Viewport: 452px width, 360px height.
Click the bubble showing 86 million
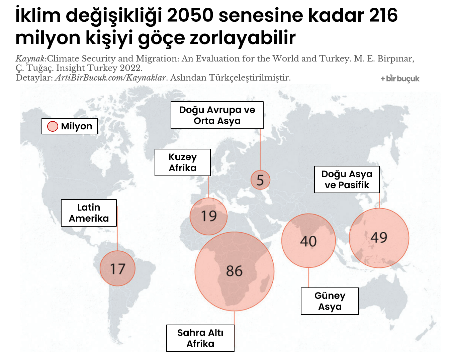(x=234, y=271)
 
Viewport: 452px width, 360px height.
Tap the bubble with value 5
(x=260, y=180)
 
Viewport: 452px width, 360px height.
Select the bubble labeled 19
(x=208, y=216)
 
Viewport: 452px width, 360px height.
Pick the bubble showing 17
(x=117, y=268)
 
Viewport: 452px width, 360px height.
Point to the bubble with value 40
(x=308, y=241)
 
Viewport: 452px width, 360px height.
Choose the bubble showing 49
(x=379, y=238)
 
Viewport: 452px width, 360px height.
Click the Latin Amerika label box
(x=89, y=213)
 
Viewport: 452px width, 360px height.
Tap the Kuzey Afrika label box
(x=183, y=162)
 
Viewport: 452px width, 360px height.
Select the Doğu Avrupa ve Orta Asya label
(x=217, y=115)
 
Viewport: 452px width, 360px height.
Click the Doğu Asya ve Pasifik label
(x=347, y=179)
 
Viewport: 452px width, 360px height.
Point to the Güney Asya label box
(x=330, y=301)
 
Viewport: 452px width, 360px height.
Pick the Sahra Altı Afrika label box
(x=200, y=338)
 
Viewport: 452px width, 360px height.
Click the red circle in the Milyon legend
(x=53, y=126)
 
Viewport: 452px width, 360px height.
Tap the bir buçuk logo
(x=400, y=79)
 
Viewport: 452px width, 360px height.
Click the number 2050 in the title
(x=190, y=15)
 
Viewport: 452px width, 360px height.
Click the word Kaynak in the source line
(x=30, y=59)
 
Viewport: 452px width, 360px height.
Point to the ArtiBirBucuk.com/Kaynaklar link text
(x=110, y=78)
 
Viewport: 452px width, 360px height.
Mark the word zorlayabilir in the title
(x=243, y=38)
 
